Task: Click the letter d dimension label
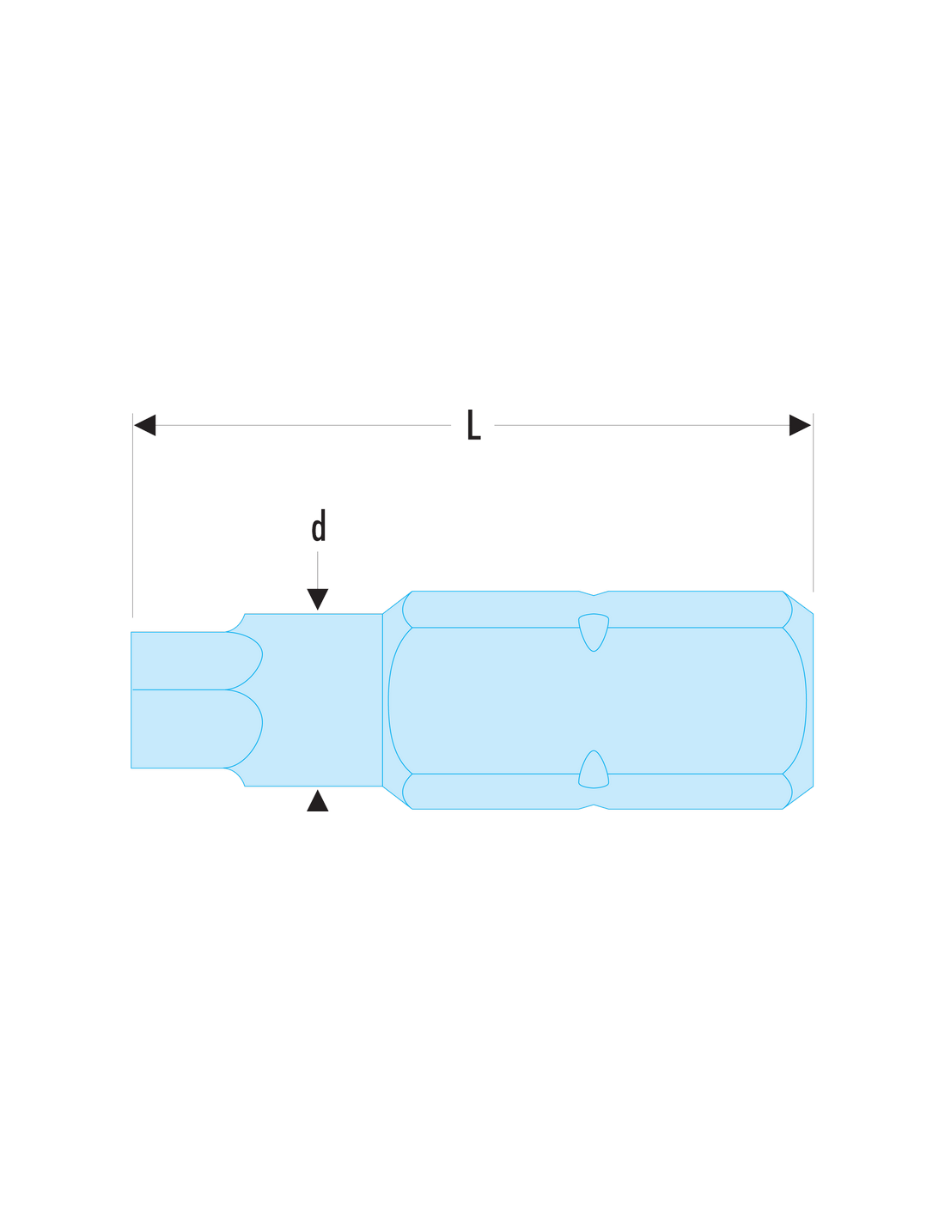pos(319,525)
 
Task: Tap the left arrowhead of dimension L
pos(145,425)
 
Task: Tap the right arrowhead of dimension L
pos(800,425)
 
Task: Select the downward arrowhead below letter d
pos(318,599)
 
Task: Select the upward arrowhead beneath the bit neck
pos(318,801)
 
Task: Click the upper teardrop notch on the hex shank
pos(594,632)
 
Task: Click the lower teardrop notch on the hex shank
pos(594,769)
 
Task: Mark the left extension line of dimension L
pos(132,515)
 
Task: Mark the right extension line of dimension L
pos(813,502)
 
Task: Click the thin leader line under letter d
pos(318,570)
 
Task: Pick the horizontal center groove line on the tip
pos(179,689)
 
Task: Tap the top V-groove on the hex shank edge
pos(594,593)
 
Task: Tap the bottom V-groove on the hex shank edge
pos(594,807)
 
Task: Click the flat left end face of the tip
pos(131,700)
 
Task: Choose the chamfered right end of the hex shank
pos(799,700)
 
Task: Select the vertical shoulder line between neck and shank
pos(383,700)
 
